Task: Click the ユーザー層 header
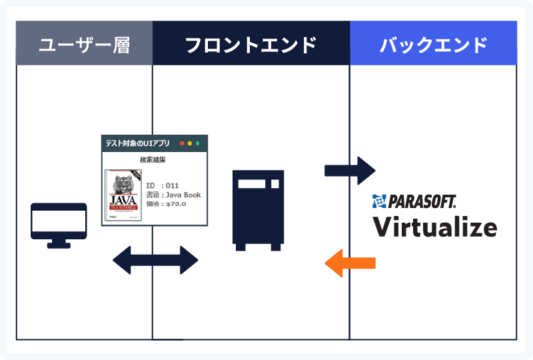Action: (84, 45)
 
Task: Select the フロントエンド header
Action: (251, 45)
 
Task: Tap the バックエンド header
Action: (433, 45)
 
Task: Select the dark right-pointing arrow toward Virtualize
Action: (350, 171)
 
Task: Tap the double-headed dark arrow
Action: (156, 260)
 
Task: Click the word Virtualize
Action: (434, 226)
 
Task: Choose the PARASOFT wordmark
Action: (422, 201)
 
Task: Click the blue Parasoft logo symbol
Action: (379, 201)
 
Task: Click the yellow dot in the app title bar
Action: (190, 143)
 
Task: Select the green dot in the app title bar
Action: (198, 143)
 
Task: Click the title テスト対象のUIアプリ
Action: (137, 143)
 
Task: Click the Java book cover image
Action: (124, 195)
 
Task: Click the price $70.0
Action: (175, 204)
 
